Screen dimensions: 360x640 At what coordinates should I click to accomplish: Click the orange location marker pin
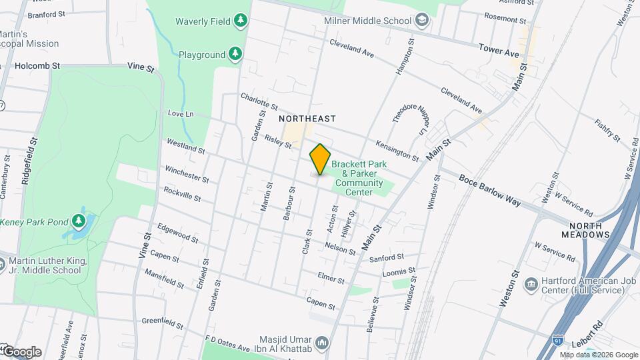click(x=320, y=160)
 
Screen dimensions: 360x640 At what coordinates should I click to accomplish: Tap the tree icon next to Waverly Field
click(x=241, y=21)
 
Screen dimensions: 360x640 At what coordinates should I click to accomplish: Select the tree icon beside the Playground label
click(x=234, y=53)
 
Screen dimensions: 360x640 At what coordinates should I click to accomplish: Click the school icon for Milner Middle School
click(x=421, y=21)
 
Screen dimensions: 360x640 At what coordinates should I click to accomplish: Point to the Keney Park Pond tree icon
click(x=79, y=221)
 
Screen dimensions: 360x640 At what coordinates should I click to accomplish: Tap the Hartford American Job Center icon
click(x=531, y=285)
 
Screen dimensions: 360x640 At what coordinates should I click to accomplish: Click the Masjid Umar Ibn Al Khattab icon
click(x=323, y=343)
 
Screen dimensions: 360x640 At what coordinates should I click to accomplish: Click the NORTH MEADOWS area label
click(x=589, y=230)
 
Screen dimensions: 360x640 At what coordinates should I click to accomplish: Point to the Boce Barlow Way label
click(x=489, y=191)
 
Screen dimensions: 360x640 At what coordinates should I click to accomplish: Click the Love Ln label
click(x=180, y=114)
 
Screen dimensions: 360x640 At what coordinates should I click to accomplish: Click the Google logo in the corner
click(x=21, y=351)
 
